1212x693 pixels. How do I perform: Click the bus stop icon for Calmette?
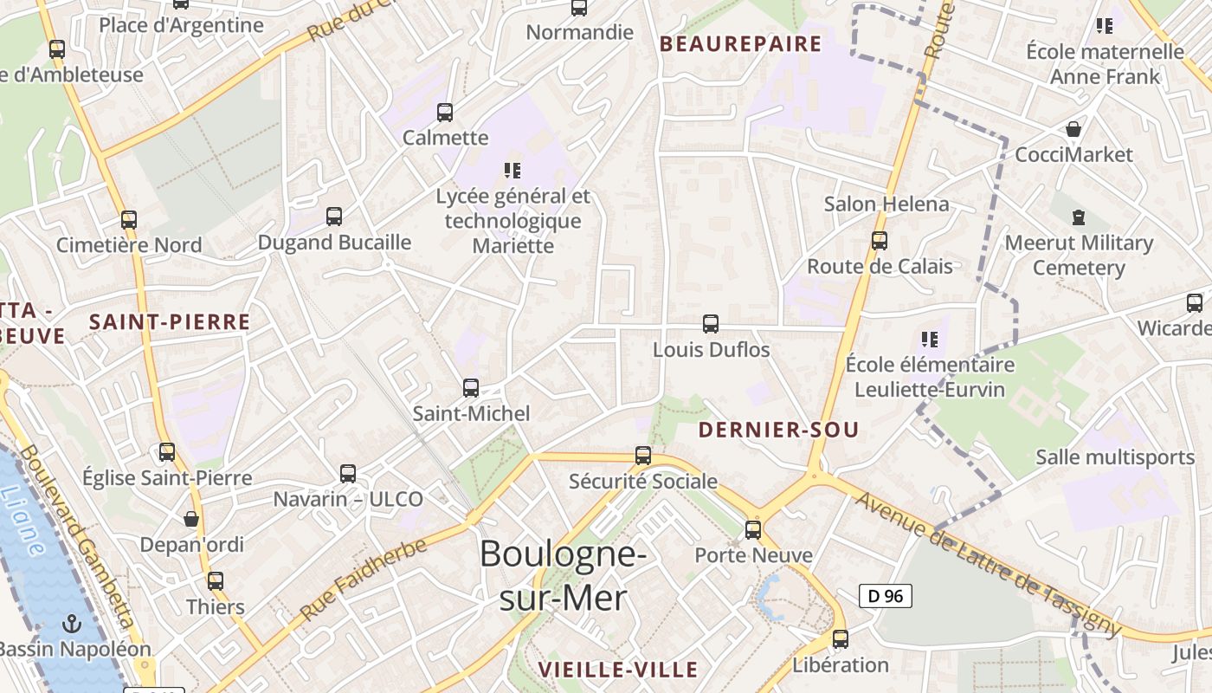pyautogui.click(x=445, y=112)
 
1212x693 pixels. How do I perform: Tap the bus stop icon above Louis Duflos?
pyautogui.click(x=711, y=324)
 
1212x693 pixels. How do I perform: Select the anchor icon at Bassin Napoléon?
pyautogui.click(x=74, y=624)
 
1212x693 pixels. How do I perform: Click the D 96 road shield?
pyautogui.click(x=885, y=596)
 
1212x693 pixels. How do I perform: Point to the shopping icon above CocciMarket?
pyautogui.click(x=1073, y=129)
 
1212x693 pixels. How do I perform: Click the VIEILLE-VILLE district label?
pyautogui.click(x=617, y=670)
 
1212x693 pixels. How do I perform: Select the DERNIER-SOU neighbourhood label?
pyautogui.click(x=778, y=430)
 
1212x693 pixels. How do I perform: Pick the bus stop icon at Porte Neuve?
pyautogui.click(x=753, y=529)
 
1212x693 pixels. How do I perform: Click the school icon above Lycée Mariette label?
pyautogui.click(x=513, y=170)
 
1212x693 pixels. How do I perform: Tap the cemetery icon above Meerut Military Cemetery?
pyautogui.click(x=1079, y=217)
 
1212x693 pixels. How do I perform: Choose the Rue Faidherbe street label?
pyautogui.click(x=364, y=579)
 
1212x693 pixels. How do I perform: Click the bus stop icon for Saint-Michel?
pyautogui.click(x=471, y=387)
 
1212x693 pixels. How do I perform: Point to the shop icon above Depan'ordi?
pyautogui.click(x=191, y=519)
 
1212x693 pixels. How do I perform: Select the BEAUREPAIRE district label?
pyautogui.click(x=740, y=44)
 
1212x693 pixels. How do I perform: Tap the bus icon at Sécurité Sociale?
pyautogui.click(x=643, y=455)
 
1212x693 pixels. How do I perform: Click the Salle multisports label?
pyautogui.click(x=1115, y=457)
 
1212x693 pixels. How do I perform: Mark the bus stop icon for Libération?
pyautogui.click(x=840, y=639)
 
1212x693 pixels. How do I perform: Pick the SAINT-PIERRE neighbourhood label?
pyautogui.click(x=170, y=322)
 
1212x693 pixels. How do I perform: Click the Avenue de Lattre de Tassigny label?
pyautogui.click(x=988, y=563)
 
